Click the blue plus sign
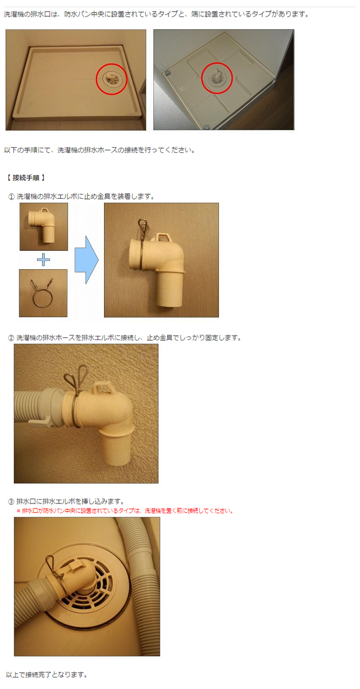[x=43, y=260]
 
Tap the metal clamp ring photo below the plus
[x=43, y=293]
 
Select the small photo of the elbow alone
[x=44, y=227]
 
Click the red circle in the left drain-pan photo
[x=111, y=79]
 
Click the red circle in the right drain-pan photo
[x=217, y=79]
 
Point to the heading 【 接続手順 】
[x=26, y=178]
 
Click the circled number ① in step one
[x=11, y=197]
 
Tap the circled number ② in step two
[x=11, y=337]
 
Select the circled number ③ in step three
[x=11, y=502]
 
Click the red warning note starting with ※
[x=125, y=511]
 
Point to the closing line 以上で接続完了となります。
[x=47, y=675]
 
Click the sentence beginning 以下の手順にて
[x=99, y=150]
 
